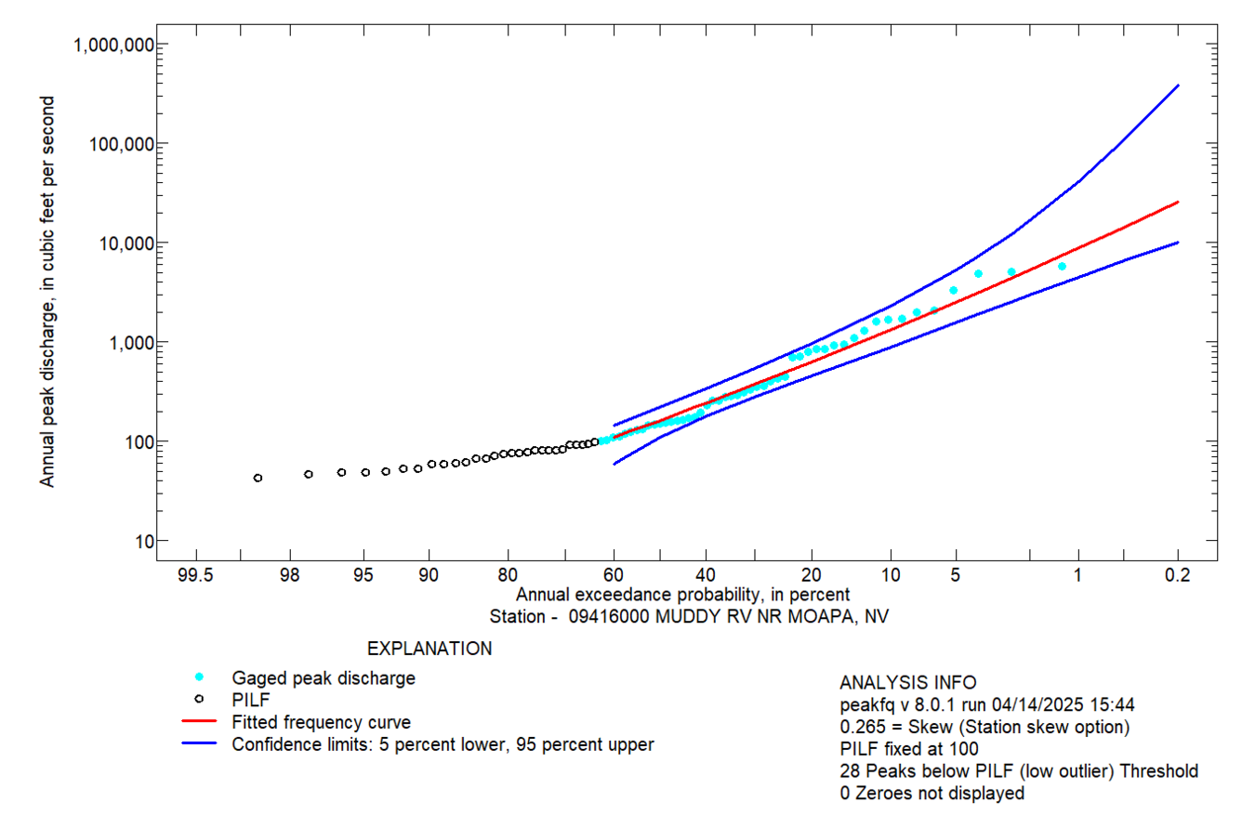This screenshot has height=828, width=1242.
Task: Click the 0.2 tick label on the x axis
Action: pos(1178,576)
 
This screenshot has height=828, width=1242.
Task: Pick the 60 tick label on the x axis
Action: pos(614,576)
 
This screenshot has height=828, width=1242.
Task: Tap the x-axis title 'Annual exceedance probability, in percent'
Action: pos(683,595)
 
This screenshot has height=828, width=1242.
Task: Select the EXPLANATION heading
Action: pos(429,648)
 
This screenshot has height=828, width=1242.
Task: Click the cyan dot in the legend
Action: pos(199,677)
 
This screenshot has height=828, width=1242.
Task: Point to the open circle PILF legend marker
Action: pos(199,699)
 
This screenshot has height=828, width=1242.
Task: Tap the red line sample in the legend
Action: pos(199,721)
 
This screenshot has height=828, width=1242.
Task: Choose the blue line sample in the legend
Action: pos(199,743)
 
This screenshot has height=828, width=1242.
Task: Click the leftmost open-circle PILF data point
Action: pos(258,478)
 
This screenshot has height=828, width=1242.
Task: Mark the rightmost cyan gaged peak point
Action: pos(1062,267)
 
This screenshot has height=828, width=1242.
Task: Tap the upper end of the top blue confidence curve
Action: pos(1178,85)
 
